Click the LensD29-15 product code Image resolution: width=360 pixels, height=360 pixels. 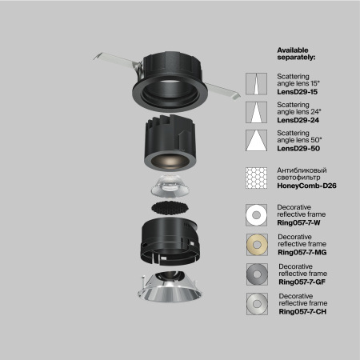pos(298,93)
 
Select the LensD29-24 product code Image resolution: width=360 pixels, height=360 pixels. pos(298,119)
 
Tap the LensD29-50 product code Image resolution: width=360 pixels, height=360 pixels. pos(298,148)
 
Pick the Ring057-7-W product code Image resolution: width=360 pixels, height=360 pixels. pos(300,223)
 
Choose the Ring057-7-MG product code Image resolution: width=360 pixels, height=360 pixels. pos(302,253)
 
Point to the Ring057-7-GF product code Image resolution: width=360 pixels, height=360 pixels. pos(302,282)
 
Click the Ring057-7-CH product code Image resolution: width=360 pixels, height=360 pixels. pos(302,311)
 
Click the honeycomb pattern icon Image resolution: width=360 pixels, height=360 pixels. pos(257,178)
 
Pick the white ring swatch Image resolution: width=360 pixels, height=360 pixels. pos(257,215)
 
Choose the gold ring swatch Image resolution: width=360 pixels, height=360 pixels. pos(257,245)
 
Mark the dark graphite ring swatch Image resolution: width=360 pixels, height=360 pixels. pos(257,274)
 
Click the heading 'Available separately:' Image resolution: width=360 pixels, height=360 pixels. pos(297,54)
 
